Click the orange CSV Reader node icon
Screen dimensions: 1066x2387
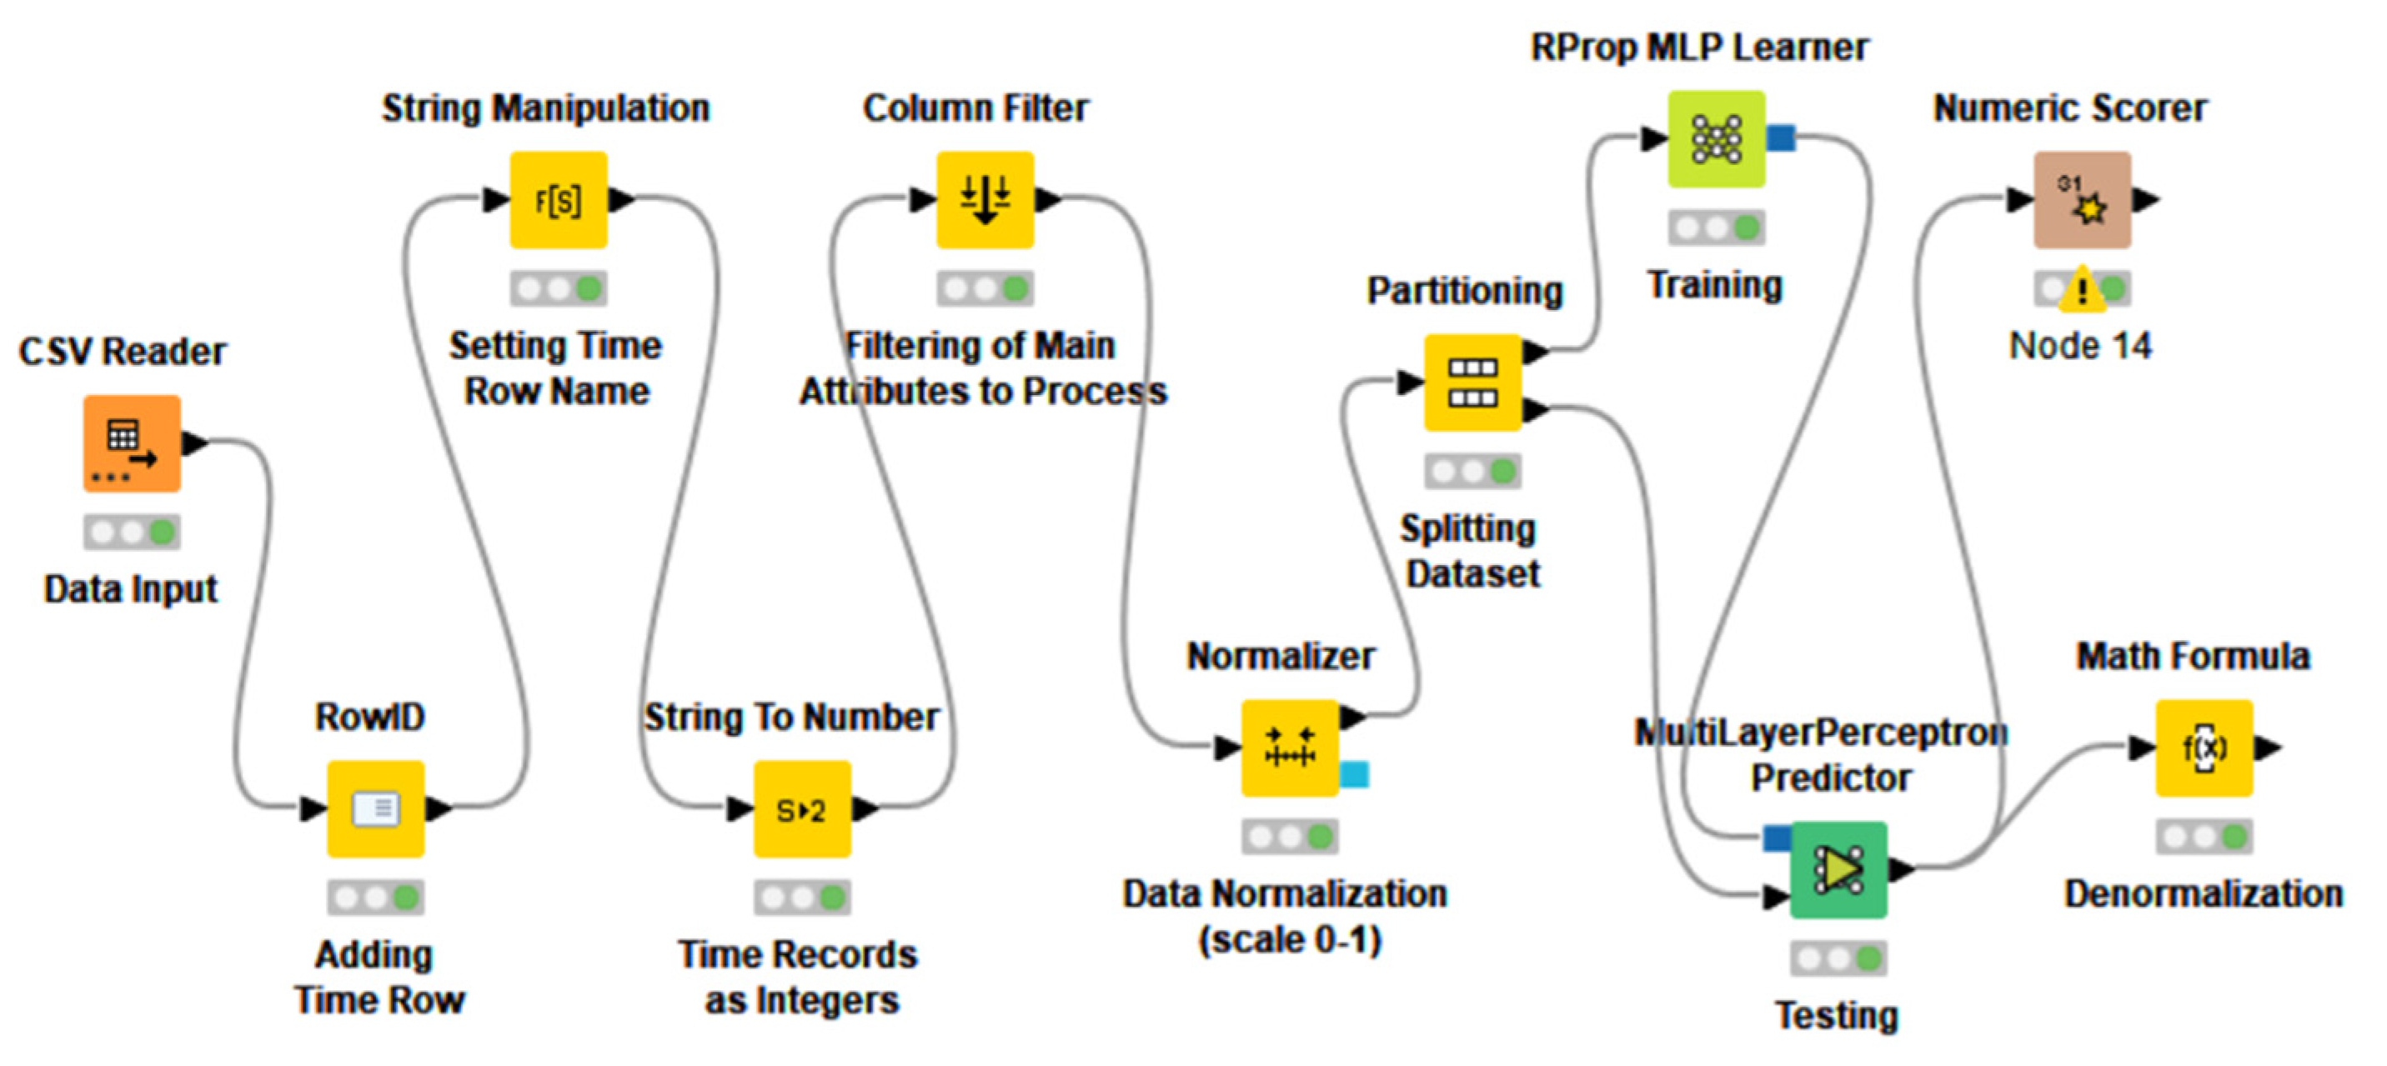click(x=132, y=443)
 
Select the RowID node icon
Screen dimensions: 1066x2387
click(x=375, y=808)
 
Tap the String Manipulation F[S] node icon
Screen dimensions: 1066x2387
click(x=558, y=199)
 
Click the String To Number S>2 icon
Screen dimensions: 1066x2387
click(x=801, y=808)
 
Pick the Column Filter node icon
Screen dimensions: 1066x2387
click(x=984, y=199)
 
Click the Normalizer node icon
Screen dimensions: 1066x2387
click(x=1289, y=748)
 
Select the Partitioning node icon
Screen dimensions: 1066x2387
click(x=1472, y=382)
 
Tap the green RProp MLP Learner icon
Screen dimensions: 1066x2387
click(x=1716, y=139)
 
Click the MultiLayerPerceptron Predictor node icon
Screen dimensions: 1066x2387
click(x=1838, y=868)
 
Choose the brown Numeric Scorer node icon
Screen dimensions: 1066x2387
click(x=2081, y=199)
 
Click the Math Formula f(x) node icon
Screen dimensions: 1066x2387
click(x=2204, y=748)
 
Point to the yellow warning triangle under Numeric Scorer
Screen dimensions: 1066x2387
click(x=2081, y=290)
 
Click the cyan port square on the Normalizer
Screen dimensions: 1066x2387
click(x=1354, y=773)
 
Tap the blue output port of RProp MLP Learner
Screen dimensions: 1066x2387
click(x=1781, y=139)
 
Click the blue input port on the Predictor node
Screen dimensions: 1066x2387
click(x=1775, y=838)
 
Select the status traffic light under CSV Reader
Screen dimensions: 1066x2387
click(x=132, y=532)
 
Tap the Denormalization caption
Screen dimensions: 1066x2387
click(x=2203, y=893)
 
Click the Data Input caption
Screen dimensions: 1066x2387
click(x=131, y=589)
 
